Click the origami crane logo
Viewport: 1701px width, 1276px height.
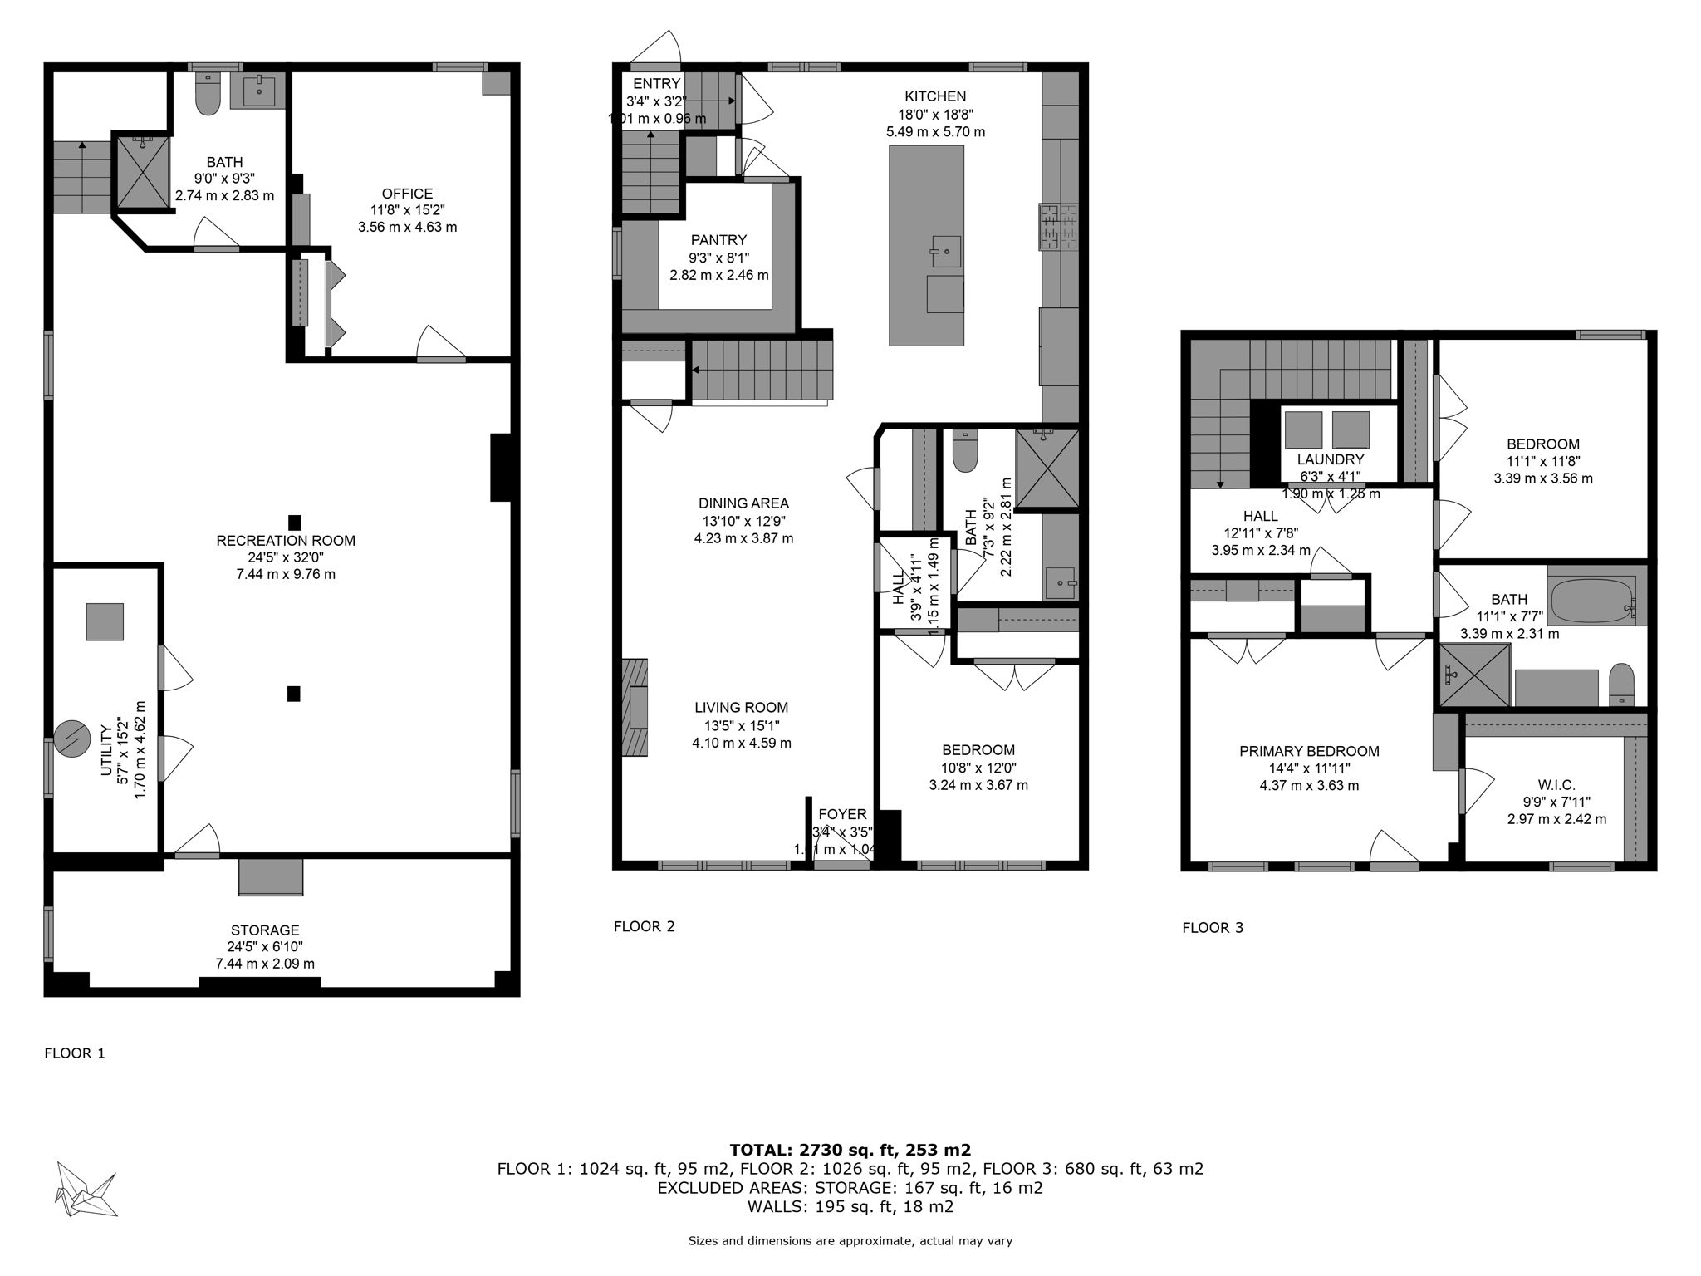coord(86,1189)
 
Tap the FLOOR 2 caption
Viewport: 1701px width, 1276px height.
coord(644,926)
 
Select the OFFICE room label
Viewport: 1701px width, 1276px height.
coord(407,194)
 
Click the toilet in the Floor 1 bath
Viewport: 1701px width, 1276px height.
coord(208,95)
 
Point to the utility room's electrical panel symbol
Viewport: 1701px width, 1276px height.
coord(71,739)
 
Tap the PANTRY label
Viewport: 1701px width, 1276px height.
coord(718,240)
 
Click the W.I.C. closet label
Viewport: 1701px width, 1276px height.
coord(1556,785)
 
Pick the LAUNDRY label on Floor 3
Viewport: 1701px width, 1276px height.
coord(1331,459)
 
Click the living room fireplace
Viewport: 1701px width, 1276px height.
coord(635,707)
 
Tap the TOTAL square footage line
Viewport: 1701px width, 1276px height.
coord(850,1150)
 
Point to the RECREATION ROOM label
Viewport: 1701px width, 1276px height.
coord(286,541)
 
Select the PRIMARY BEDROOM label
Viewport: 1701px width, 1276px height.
coord(1309,751)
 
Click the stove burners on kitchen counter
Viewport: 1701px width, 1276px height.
coord(1057,227)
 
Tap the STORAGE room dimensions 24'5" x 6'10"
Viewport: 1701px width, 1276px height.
coord(265,946)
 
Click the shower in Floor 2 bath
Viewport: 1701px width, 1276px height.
coord(1047,469)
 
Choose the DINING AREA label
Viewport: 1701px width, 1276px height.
coord(743,503)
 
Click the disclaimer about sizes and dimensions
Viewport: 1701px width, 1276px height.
coord(850,1241)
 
